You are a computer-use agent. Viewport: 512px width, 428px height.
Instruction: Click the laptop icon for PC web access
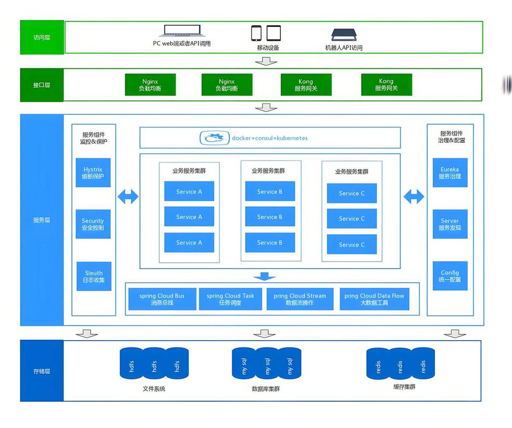pyautogui.click(x=182, y=31)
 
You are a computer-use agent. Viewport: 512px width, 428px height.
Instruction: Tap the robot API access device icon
pyautogui.click(x=344, y=35)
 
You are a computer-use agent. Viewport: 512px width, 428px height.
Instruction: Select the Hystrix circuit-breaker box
pyautogui.click(x=93, y=173)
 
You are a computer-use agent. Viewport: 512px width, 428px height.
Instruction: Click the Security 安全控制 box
pyautogui.click(x=93, y=224)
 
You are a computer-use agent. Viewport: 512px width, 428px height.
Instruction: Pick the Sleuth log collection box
pyautogui.click(x=94, y=276)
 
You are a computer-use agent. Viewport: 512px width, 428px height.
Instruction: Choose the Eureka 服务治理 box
pyautogui.click(x=450, y=173)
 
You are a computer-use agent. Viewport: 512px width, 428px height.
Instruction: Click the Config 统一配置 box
pyautogui.click(x=450, y=276)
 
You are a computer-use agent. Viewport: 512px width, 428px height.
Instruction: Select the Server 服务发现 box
pyautogui.click(x=450, y=224)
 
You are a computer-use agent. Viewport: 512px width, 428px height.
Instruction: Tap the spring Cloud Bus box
pyautogui.click(x=162, y=299)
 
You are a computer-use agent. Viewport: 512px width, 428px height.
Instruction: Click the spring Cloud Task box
pyautogui.click(x=231, y=299)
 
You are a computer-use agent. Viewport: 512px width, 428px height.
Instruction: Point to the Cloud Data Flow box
pyautogui.click(x=375, y=299)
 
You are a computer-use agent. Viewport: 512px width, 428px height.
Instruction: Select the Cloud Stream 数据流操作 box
pyautogui.click(x=300, y=299)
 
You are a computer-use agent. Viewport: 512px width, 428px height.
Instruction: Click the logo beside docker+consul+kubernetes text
pyautogui.click(x=215, y=138)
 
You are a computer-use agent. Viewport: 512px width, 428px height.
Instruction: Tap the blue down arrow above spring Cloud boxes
pyautogui.click(x=264, y=276)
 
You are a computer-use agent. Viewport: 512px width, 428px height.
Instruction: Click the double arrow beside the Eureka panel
pyautogui.click(x=414, y=196)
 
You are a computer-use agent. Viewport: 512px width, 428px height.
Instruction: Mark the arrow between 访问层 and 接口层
pyautogui.click(x=266, y=61)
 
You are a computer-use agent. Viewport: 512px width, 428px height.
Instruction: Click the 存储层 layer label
pyautogui.click(x=42, y=371)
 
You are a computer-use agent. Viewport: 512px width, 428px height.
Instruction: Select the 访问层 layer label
pyautogui.click(x=42, y=37)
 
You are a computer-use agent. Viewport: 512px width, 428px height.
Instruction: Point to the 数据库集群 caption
pyautogui.click(x=266, y=389)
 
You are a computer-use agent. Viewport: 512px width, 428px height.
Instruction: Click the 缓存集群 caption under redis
pyautogui.click(x=404, y=387)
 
